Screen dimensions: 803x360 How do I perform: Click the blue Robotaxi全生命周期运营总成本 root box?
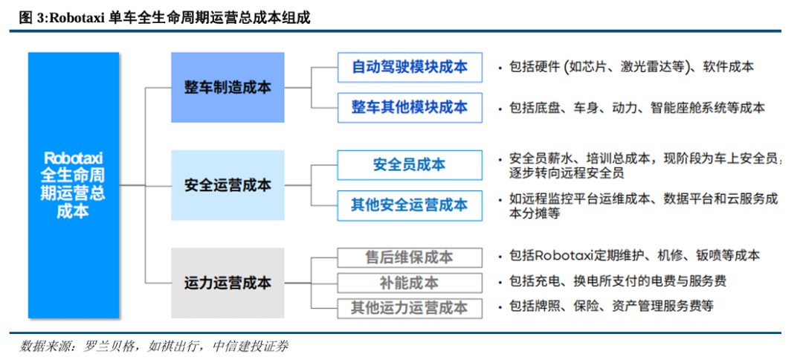tap(74, 185)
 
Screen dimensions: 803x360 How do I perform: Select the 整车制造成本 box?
tap(228, 88)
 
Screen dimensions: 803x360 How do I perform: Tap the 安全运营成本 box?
tap(228, 185)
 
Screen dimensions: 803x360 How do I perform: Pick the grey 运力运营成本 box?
tap(228, 283)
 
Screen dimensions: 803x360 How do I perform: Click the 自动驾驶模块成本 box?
tap(409, 67)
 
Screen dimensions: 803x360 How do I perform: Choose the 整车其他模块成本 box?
tap(409, 108)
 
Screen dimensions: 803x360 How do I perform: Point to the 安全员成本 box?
tap(409, 165)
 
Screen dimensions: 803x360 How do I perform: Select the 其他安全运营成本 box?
tap(409, 205)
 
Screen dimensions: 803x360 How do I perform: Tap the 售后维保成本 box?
tap(409, 257)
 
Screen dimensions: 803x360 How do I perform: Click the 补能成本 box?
tap(409, 283)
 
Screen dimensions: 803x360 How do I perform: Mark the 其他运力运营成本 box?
tap(409, 308)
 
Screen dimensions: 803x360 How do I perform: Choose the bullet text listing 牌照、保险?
tap(611, 306)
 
